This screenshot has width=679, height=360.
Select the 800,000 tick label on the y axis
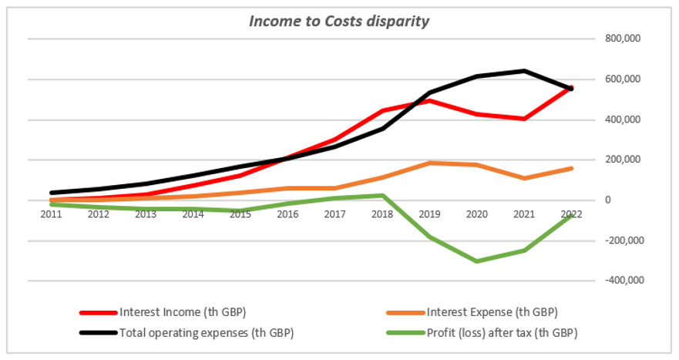point(624,39)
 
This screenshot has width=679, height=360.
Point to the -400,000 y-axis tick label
point(622,281)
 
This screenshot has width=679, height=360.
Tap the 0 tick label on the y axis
point(608,200)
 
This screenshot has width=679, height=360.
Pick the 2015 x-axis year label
point(240,214)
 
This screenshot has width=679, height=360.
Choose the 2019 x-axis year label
point(430,214)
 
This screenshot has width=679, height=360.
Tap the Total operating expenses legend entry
point(206,333)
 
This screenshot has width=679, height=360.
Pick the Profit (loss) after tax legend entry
point(500,333)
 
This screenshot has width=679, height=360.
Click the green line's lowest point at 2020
point(477,261)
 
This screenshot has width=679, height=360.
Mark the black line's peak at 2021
point(525,71)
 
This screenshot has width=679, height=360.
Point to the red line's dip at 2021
point(525,119)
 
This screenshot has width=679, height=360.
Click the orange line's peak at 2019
point(430,163)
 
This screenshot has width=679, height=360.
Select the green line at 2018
point(382,195)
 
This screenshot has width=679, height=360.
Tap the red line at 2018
point(382,111)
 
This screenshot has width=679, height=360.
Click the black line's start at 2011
point(50,193)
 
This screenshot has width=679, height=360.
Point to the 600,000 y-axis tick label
point(624,79)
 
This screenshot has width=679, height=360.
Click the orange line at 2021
point(525,178)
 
